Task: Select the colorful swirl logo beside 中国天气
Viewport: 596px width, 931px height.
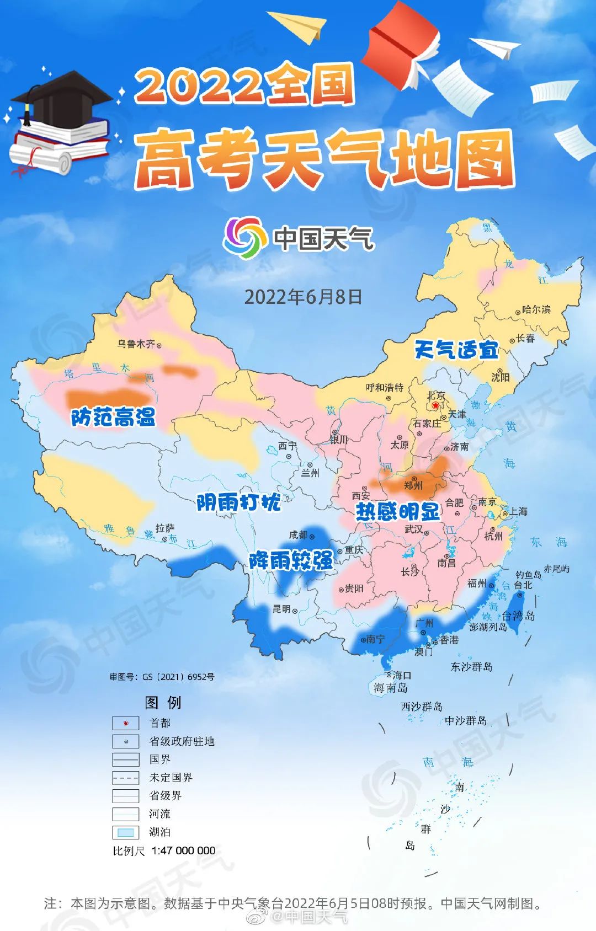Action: coord(242,238)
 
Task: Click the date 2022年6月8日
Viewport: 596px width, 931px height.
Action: coord(303,297)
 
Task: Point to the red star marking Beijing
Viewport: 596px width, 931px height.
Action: coord(435,405)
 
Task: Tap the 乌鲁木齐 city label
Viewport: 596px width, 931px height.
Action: coord(136,344)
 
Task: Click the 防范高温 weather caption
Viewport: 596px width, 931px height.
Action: coord(113,417)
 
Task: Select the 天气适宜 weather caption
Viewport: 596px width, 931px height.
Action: coord(456,349)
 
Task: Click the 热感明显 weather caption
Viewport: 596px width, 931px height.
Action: coord(397,512)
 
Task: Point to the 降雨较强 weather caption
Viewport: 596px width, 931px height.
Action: coord(291,560)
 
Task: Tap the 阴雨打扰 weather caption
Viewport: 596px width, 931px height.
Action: coord(238,502)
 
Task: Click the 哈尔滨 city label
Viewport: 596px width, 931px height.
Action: coord(536,309)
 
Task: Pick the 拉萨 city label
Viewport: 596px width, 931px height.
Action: coord(164,528)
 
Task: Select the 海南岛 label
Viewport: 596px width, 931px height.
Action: coord(390,688)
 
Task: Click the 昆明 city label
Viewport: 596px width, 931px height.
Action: coord(281,609)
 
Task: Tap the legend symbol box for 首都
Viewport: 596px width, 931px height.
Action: coord(125,723)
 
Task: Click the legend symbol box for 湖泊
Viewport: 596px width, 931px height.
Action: coord(125,832)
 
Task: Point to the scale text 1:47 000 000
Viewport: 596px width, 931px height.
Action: coord(183,850)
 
